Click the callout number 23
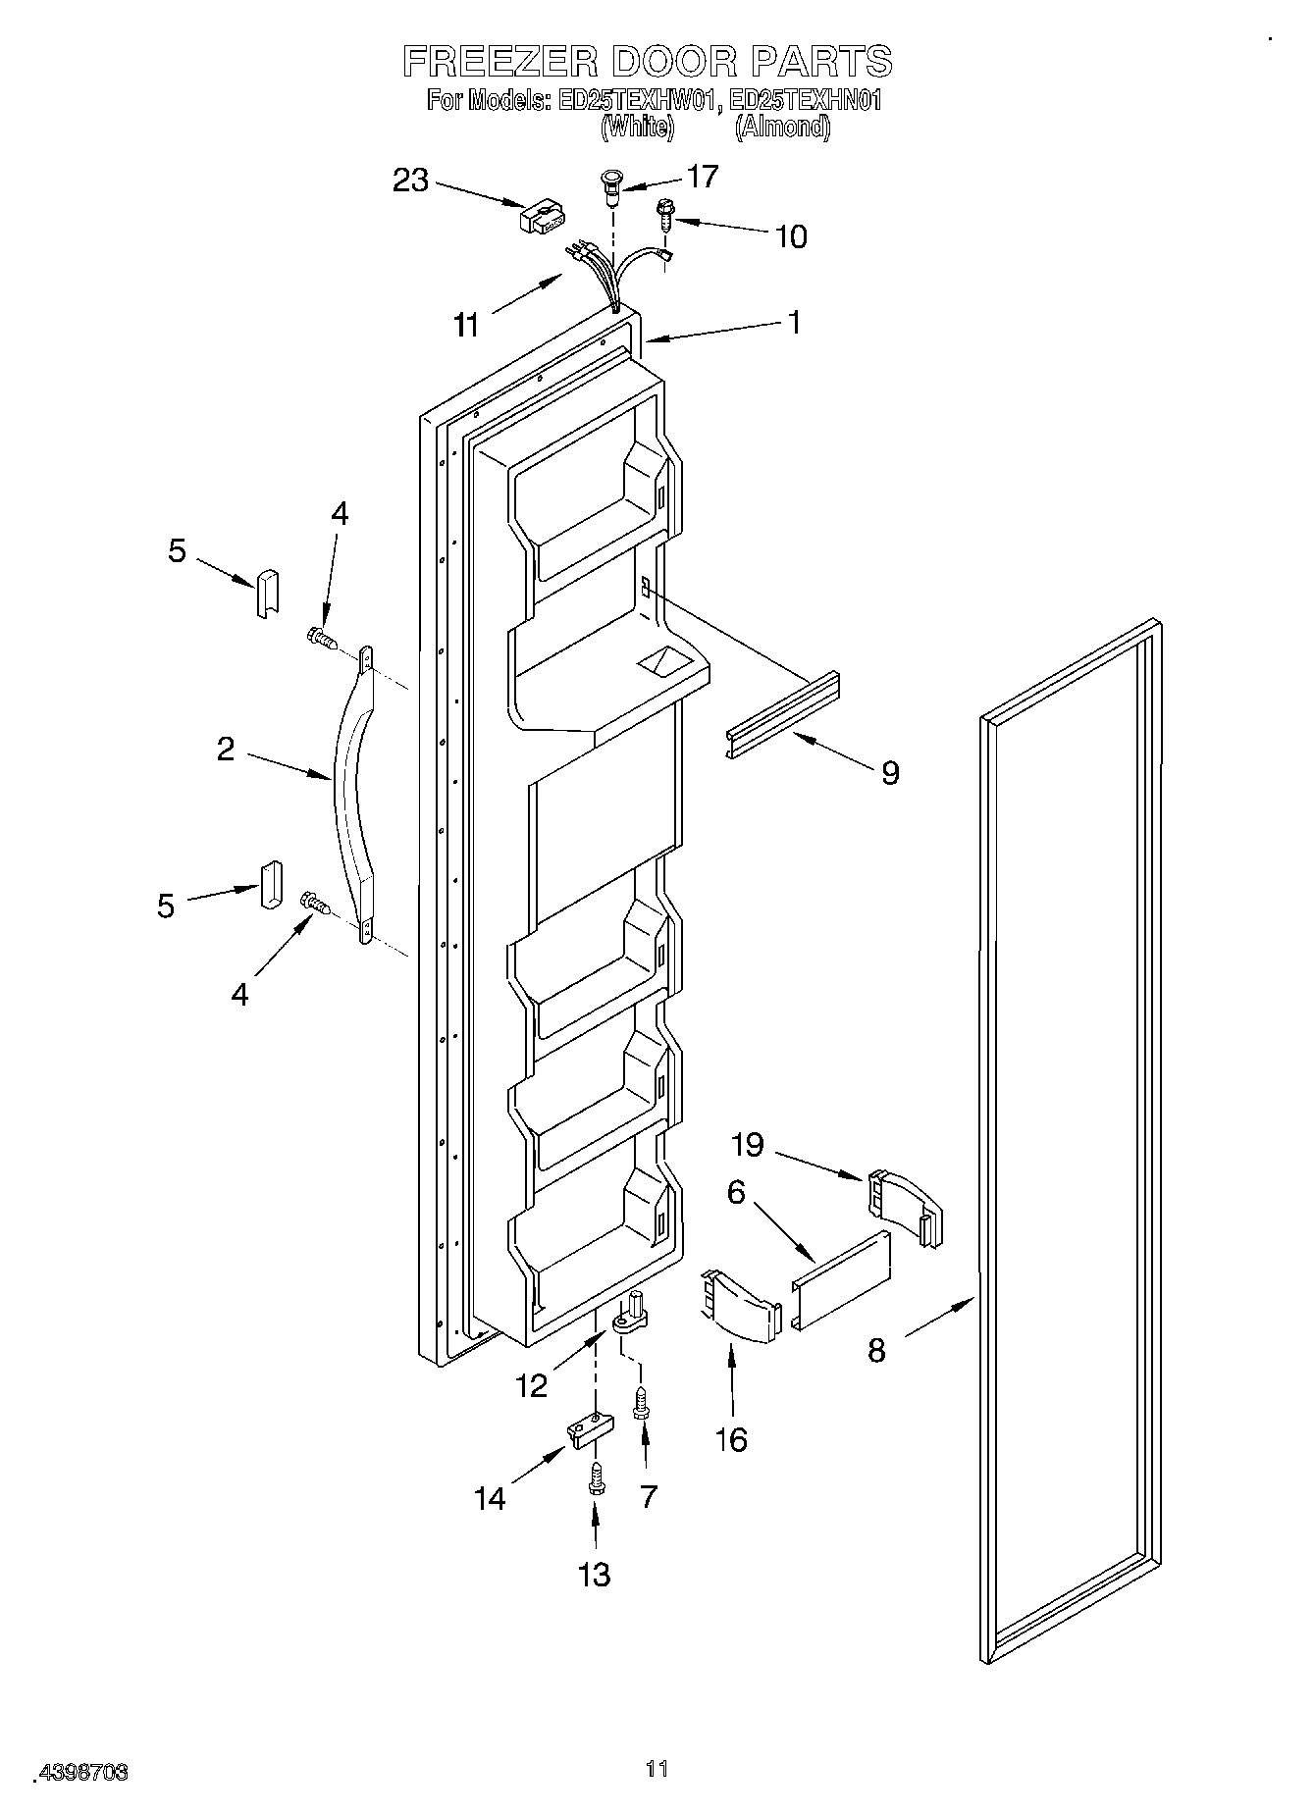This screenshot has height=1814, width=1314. pos(411,181)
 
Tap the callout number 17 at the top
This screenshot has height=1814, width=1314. pos(703,177)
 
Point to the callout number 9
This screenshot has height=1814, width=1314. pos(889,773)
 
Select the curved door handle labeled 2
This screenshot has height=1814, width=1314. pos(353,795)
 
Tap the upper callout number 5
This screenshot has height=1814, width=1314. pos(177,551)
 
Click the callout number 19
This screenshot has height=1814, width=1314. pos(748,1144)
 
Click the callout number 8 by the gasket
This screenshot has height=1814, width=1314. pos(876,1350)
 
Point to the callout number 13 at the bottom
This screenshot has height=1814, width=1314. pos(595,1602)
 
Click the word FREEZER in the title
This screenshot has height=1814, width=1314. pos(499,61)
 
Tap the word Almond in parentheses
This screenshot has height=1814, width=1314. pos(783,127)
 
